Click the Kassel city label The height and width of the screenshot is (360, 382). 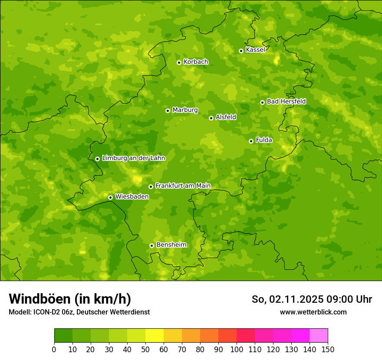point(255,50)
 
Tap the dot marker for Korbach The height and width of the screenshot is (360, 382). point(179,62)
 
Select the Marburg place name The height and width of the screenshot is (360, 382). point(185,110)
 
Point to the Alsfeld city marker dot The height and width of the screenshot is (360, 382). point(211,118)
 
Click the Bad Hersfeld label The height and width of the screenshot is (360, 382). point(286,101)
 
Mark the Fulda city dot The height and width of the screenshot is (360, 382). point(251,141)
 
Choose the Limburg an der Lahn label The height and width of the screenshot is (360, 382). point(133,158)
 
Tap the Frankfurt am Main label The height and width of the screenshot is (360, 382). point(183,186)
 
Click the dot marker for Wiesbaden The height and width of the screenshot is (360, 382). point(110,197)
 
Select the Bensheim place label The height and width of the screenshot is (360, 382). point(171,245)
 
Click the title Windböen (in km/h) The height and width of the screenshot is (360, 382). point(70,299)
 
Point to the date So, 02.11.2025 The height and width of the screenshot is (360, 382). point(287,299)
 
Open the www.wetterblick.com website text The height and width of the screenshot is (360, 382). point(313,312)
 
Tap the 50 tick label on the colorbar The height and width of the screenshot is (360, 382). point(145,349)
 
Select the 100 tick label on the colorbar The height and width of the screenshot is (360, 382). point(237,349)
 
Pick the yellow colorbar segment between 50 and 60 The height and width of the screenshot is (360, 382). point(155,336)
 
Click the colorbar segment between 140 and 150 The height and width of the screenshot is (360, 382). point(319,336)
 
